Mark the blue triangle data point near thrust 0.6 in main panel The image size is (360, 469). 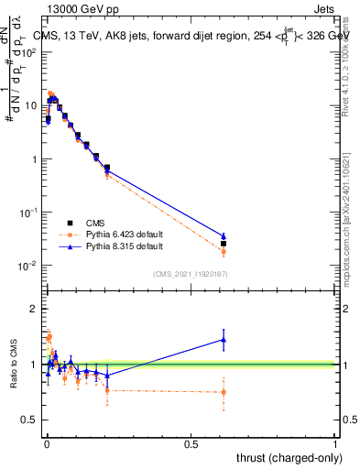tap(223, 236)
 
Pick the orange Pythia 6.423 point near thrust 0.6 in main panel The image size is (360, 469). tap(223, 251)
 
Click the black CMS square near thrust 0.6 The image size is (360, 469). tap(223, 244)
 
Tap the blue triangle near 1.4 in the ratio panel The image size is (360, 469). tap(223, 340)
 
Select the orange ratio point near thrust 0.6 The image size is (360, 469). tap(223, 392)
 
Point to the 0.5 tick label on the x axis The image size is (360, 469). tap(190, 443)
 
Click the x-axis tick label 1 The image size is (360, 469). tap(336, 443)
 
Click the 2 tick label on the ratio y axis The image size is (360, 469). tap(32, 309)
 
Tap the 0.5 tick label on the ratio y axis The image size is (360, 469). tap(28, 420)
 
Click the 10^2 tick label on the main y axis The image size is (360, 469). tap(27, 52)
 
